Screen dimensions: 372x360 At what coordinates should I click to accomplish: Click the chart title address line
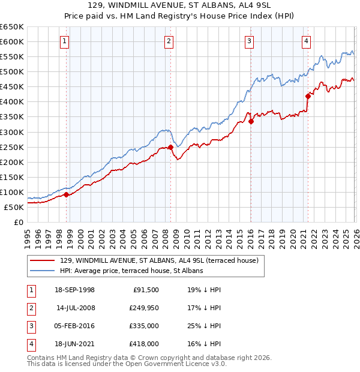pos(179,5)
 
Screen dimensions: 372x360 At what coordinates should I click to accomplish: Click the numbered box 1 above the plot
pos(64,41)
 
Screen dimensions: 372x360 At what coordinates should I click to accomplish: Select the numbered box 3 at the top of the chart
pos(249,41)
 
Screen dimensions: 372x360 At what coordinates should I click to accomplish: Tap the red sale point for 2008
pos(170,147)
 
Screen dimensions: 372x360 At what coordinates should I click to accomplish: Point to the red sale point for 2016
pos(251,121)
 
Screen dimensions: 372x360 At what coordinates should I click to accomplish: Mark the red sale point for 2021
pos(308,96)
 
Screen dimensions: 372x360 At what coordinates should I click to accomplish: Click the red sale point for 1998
pos(67,194)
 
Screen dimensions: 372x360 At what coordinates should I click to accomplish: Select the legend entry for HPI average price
pos(131,271)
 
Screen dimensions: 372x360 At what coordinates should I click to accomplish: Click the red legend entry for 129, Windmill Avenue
pos(159,260)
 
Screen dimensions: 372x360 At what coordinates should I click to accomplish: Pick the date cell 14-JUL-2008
pos(76,307)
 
